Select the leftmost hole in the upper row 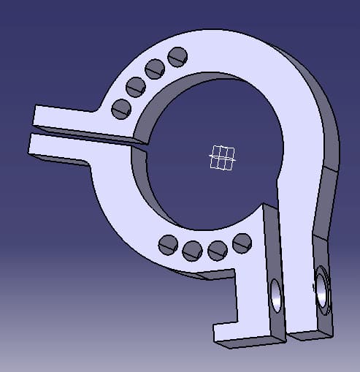coord(120,109)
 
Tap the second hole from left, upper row coord(136,87)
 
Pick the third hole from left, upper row coord(155,69)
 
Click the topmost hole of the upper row coord(177,56)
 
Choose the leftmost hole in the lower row coord(168,244)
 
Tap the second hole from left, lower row coord(192,250)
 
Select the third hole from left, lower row coord(217,249)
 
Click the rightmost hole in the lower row coord(242,241)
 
